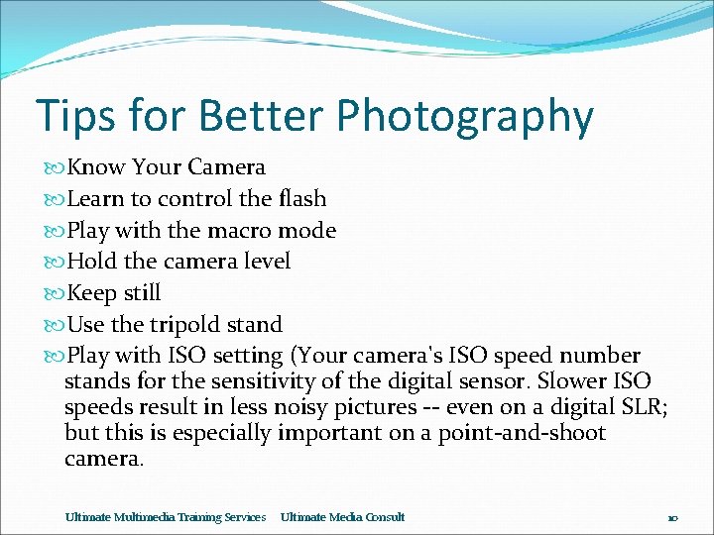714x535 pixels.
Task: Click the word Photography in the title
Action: [x=464, y=117]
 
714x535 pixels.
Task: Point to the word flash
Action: [x=301, y=198]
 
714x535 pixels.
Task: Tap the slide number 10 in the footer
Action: [x=671, y=518]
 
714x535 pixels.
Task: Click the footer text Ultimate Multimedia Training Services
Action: [x=165, y=517]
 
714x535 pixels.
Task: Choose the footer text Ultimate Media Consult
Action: [x=342, y=517]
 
